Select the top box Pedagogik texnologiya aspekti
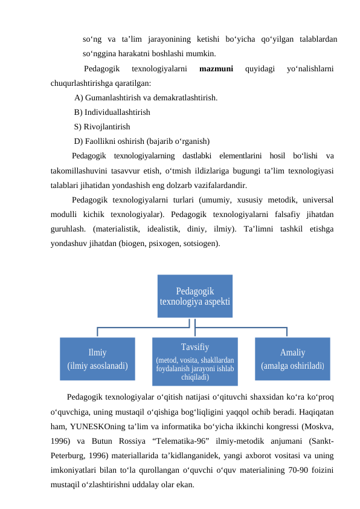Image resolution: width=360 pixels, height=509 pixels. tap(194, 296)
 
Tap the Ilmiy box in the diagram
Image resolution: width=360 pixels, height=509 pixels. tap(97, 358)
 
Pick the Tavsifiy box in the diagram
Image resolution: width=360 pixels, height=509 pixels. tap(194, 361)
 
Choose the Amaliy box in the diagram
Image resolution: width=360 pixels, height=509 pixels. tap(292, 358)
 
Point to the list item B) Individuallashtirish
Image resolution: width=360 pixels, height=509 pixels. tap(112, 112)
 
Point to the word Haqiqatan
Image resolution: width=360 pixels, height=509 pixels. tap(318, 412)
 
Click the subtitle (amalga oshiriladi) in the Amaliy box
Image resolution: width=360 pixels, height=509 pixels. tap(292, 366)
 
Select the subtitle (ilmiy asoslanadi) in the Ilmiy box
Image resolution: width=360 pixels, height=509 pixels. tap(97, 366)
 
